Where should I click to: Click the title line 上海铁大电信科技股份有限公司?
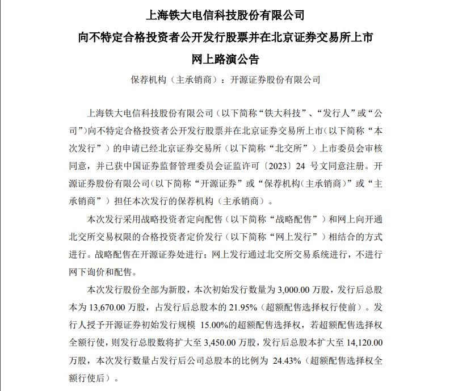click(225, 14)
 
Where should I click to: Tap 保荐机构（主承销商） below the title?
click(174, 80)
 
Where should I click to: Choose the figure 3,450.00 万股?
click(230, 343)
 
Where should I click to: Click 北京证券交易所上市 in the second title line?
click(329, 36)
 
